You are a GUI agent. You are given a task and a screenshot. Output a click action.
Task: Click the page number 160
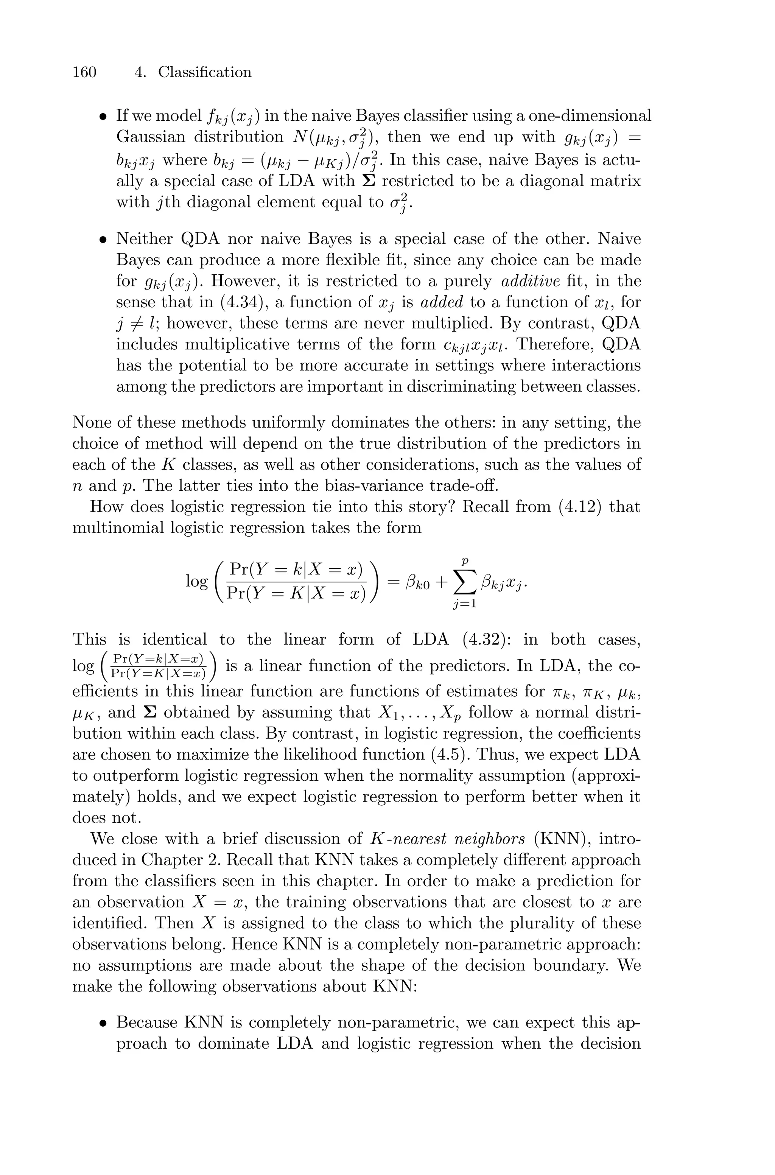coord(84,72)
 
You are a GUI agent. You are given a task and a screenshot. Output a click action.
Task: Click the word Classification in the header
coord(205,72)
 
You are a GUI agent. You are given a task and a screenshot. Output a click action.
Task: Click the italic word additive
coord(530,281)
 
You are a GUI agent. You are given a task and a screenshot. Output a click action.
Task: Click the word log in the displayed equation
coord(197,582)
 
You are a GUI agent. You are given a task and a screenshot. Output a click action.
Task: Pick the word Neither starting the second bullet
coord(144,239)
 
